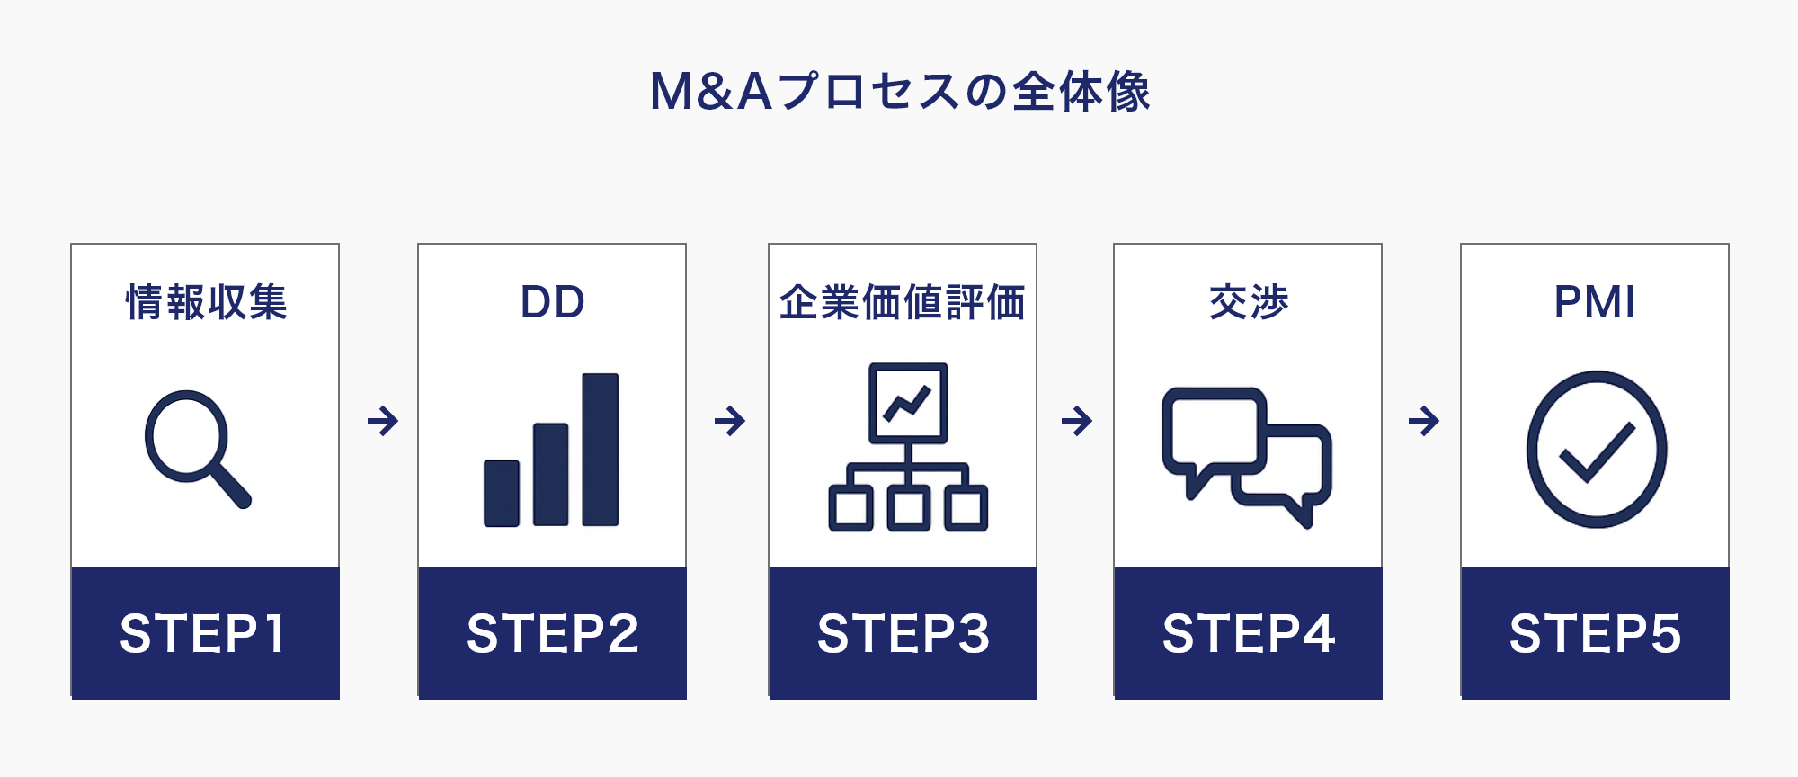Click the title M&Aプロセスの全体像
(x=899, y=92)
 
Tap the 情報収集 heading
(x=206, y=302)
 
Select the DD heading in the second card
(x=552, y=302)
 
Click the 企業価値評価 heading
(x=902, y=302)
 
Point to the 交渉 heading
(x=1248, y=302)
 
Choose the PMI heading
(x=1594, y=302)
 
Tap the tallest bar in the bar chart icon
(x=600, y=449)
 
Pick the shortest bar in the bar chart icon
(x=501, y=493)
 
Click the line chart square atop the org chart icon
(x=908, y=403)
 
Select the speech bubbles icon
(x=1246, y=454)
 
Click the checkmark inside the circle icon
(x=1596, y=451)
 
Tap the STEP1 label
(x=204, y=633)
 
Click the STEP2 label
(x=552, y=633)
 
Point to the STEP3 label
(x=903, y=633)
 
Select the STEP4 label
(x=1248, y=633)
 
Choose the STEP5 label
(x=1595, y=633)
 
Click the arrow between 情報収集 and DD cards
(x=383, y=420)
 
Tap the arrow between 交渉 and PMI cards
(x=1423, y=420)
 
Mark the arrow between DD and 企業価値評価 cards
(x=729, y=420)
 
